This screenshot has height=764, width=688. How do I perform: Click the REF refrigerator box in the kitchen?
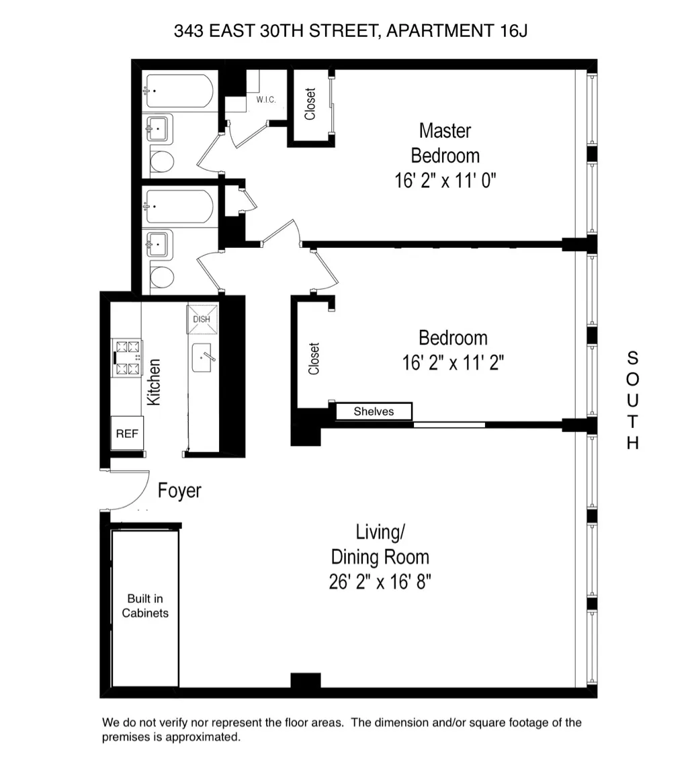[127, 433]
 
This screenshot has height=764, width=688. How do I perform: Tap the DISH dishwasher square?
[201, 319]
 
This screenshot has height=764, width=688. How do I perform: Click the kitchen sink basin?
[204, 358]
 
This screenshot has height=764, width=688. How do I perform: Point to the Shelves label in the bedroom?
[374, 411]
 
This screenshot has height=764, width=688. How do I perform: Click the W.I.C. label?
[266, 100]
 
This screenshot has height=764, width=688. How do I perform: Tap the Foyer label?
[179, 491]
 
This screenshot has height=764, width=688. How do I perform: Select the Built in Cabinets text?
[145, 605]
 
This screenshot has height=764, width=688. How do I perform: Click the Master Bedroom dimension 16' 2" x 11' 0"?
[445, 180]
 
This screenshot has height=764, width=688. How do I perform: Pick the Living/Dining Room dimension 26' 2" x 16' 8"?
[380, 581]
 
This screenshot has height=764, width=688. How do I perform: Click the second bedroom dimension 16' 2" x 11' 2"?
[453, 363]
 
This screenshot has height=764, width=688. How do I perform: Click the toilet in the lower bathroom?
[161, 277]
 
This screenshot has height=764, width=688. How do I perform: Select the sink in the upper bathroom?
[159, 128]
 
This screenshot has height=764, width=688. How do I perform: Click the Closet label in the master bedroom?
[310, 105]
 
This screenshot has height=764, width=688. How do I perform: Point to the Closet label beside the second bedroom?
[314, 359]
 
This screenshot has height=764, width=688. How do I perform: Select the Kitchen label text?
[154, 382]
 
